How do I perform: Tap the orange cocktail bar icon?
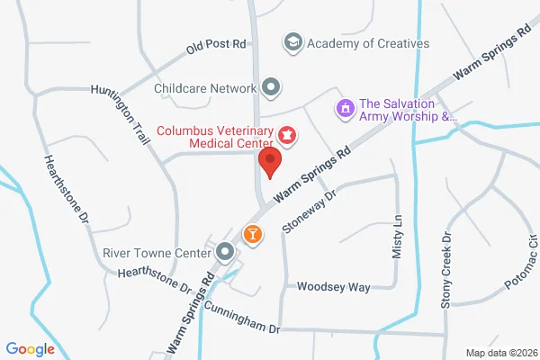click(254, 234)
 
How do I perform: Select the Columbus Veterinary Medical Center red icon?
click(287, 135)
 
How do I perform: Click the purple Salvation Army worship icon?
click(343, 109)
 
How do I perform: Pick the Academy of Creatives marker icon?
click(292, 42)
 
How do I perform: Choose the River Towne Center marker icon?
click(225, 252)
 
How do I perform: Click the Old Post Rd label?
click(216, 43)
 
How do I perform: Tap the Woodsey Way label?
click(335, 287)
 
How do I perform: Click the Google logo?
click(30, 349)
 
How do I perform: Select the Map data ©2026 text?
click(499, 352)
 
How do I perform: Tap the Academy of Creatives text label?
click(368, 42)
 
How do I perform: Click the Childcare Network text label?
click(205, 87)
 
